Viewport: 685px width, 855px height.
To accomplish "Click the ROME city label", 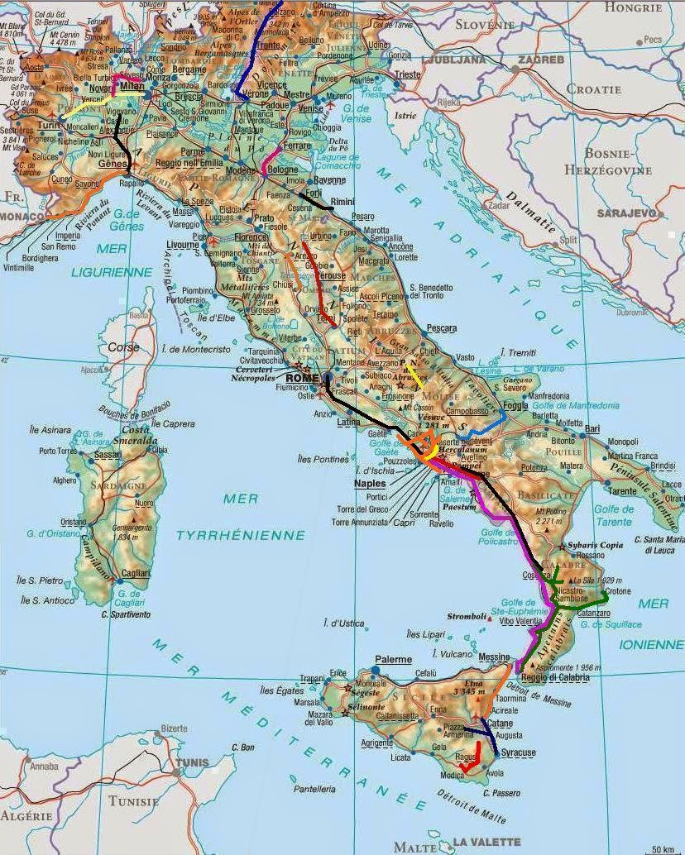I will point(302,378).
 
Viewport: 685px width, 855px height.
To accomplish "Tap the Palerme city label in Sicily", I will point(393,659).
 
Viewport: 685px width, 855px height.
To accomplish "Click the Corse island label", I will point(124,347).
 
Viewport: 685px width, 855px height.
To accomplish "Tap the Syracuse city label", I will point(519,752).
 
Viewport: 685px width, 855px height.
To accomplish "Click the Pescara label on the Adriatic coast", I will point(441,328).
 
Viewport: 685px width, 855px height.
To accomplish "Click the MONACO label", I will point(22,216).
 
